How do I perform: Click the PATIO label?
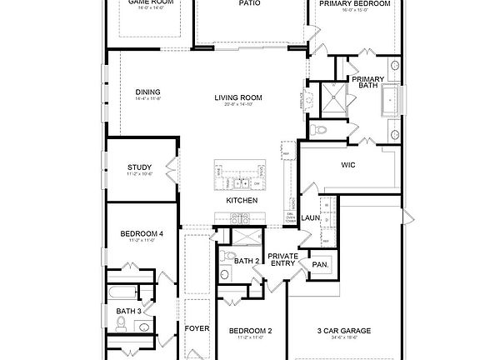(x=249, y=3)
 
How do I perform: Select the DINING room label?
(x=147, y=92)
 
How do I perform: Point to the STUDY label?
(x=139, y=167)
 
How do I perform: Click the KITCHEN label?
(x=241, y=201)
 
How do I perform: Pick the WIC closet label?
(x=348, y=165)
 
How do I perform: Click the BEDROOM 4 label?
(x=142, y=234)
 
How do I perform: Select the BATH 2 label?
(x=246, y=261)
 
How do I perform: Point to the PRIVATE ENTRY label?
(x=282, y=259)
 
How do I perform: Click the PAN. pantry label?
(x=319, y=265)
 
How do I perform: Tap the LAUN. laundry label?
(x=310, y=218)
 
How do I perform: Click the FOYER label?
(x=197, y=328)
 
